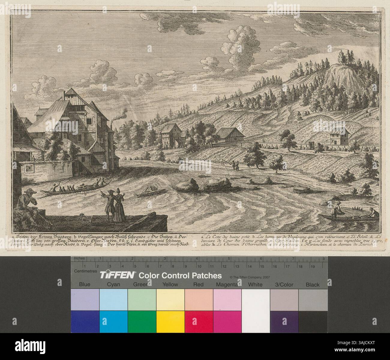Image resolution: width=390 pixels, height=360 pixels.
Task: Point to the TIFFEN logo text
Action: pos(117,275)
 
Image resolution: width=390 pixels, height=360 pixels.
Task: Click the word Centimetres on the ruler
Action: pos(85,271)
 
